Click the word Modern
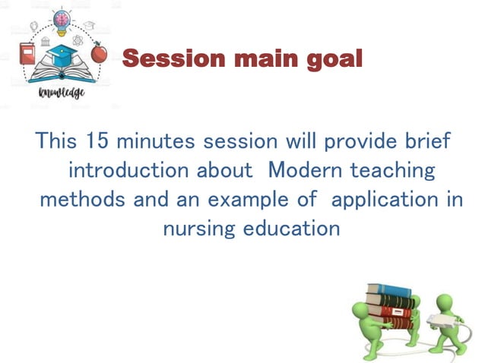307,170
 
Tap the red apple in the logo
98,54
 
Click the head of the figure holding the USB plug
463,301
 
